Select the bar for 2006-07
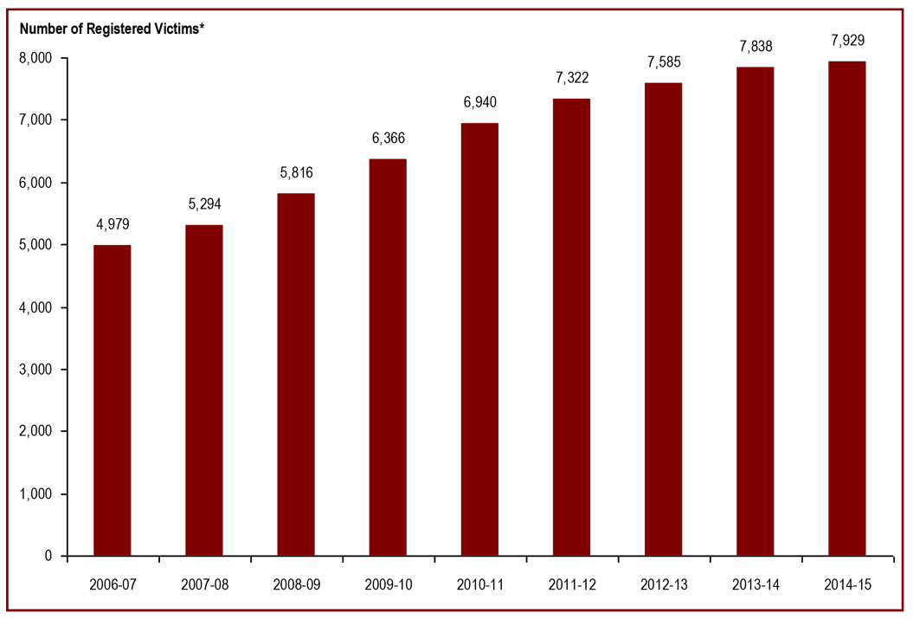(113, 400)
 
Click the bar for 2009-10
(388, 357)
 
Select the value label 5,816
(296, 173)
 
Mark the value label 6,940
(479, 102)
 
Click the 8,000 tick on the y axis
(36, 58)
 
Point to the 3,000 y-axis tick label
(36, 370)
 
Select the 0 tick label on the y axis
(49, 557)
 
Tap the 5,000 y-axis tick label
(36, 245)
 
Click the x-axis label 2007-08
(204, 585)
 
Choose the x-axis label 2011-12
(571, 585)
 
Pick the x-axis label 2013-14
(755, 585)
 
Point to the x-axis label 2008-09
(296, 585)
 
